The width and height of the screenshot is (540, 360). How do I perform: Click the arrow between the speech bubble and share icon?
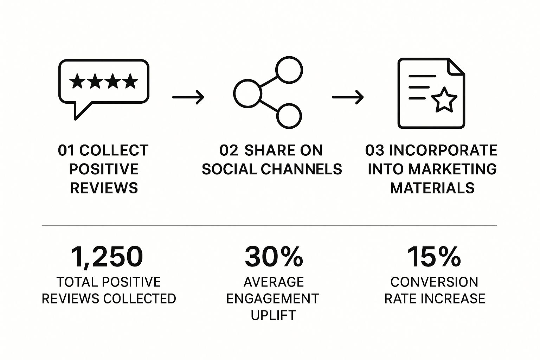coord(188,97)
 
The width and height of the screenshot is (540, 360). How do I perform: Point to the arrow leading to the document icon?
coord(348,97)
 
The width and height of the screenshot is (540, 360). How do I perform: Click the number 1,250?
coord(107,257)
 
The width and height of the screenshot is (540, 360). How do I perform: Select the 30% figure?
coord(274,257)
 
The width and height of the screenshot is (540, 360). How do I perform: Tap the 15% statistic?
coord(434,257)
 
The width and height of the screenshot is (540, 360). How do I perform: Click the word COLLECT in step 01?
coord(114,150)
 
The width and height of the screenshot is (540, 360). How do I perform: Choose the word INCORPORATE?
coord(443,150)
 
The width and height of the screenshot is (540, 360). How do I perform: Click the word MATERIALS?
coord(432,188)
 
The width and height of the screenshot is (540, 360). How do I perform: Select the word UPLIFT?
coord(273,315)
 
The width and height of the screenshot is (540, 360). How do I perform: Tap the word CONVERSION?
coord(434,282)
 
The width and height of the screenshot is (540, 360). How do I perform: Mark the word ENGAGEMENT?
coord(273,299)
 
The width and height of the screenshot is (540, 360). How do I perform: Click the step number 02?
coord(229,150)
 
